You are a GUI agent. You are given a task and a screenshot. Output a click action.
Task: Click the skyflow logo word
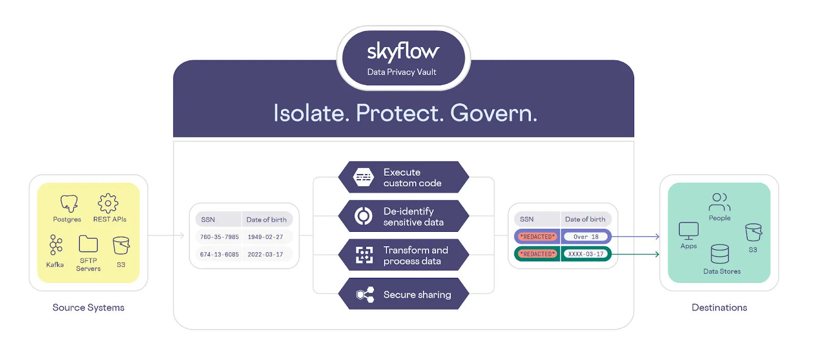click(403, 52)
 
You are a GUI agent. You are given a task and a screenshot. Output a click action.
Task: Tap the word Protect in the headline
click(400, 113)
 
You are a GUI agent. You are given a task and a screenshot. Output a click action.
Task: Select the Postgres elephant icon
click(69, 203)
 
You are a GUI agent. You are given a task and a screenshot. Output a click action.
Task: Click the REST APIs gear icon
click(108, 203)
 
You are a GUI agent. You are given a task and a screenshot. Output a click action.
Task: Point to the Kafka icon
click(56, 245)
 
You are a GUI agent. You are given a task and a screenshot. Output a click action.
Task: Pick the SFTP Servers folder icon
click(88, 244)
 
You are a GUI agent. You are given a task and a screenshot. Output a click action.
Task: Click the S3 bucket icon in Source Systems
click(121, 246)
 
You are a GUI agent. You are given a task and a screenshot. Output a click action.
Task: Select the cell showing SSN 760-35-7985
click(219, 237)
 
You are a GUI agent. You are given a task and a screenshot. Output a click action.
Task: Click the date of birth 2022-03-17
click(265, 255)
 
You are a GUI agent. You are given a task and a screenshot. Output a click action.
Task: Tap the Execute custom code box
click(404, 177)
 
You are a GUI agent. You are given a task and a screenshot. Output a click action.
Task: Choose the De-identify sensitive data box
click(404, 216)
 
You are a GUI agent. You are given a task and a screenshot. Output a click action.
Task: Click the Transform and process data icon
click(364, 255)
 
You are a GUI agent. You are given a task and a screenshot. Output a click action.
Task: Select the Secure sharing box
click(404, 294)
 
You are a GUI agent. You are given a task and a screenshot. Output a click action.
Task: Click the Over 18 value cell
click(586, 237)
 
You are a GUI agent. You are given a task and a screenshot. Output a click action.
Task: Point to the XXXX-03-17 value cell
click(586, 254)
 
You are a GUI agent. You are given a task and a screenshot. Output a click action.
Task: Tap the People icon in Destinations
click(719, 202)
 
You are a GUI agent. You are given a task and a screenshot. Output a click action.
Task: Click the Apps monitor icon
click(689, 231)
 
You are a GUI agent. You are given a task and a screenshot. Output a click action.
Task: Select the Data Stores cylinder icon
click(720, 254)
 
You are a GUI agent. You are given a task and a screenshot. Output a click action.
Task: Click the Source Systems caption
click(88, 307)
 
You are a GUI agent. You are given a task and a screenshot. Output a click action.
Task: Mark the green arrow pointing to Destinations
click(636, 254)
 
